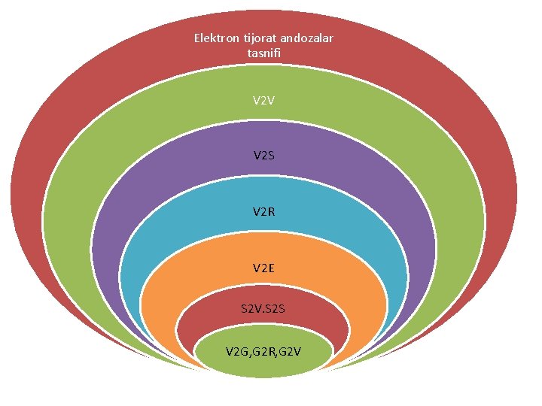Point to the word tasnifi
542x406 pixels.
pos(263,53)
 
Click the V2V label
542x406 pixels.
pos(263,99)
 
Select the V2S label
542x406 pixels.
pos(263,156)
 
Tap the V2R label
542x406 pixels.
pos(263,212)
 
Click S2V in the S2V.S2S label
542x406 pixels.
pos(251,308)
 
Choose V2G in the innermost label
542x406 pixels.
pos(238,350)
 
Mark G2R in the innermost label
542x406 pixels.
pos(264,350)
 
